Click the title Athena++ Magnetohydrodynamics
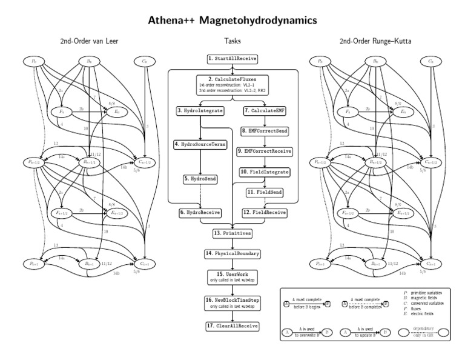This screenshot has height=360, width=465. (232, 20)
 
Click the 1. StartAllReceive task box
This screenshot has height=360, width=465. (232, 59)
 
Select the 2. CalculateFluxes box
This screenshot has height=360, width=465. (232, 82)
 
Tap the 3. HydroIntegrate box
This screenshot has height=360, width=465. (200, 111)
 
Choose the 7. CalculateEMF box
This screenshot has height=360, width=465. (265, 111)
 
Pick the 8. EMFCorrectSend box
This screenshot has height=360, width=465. (265, 131)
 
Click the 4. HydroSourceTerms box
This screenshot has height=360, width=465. (200, 145)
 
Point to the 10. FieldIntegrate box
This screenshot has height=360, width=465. (265, 172)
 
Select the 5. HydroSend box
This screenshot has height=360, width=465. (200, 180)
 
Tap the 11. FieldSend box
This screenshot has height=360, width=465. (265, 192)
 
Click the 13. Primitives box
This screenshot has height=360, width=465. (232, 233)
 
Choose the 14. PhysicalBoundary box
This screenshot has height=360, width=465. (232, 253)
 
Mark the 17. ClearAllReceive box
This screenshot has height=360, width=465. (232, 326)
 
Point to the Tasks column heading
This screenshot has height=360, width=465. (232, 41)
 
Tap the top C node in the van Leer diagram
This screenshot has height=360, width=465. (143, 61)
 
